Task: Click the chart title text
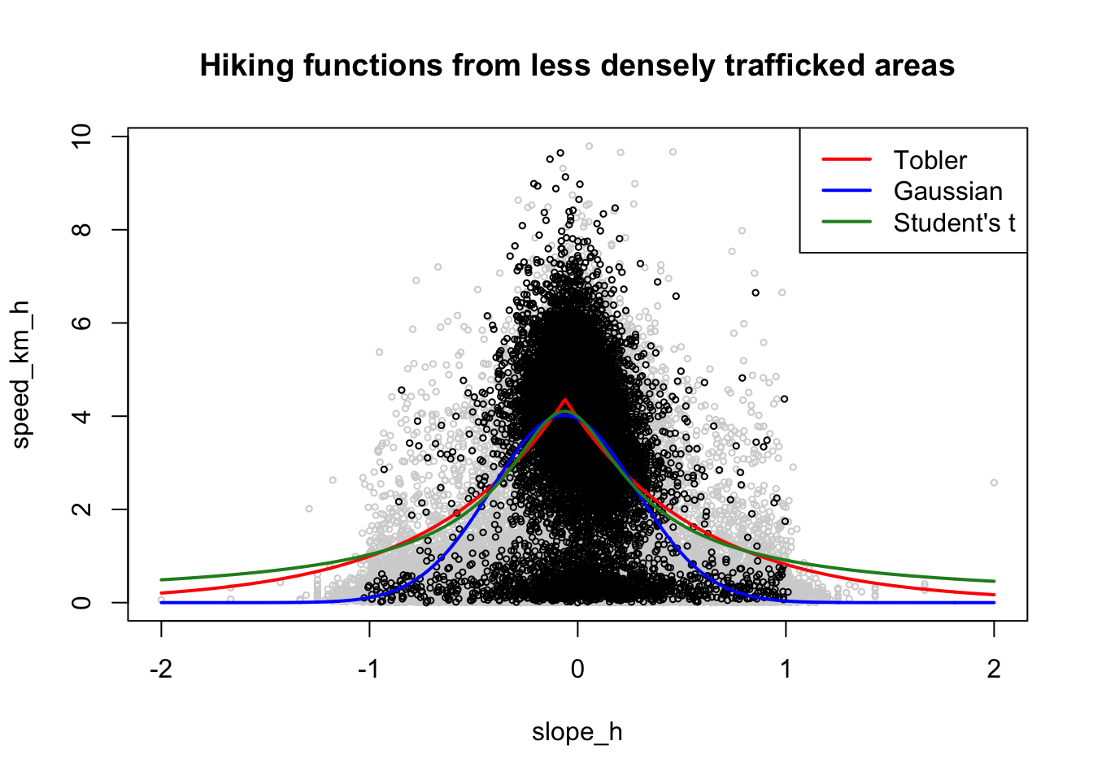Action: [x=577, y=65]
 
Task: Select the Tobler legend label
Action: [x=930, y=160]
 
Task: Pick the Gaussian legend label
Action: [x=947, y=191]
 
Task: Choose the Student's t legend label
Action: [x=954, y=223]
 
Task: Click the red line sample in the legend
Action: [x=846, y=160]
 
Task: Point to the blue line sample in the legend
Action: [x=846, y=191]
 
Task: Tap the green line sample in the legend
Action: [x=846, y=222]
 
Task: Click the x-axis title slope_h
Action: [x=577, y=732]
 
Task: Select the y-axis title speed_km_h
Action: [x=21, y=375]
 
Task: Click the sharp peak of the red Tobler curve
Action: [x=564, y=400]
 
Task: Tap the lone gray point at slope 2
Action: [x=994, y=483]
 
